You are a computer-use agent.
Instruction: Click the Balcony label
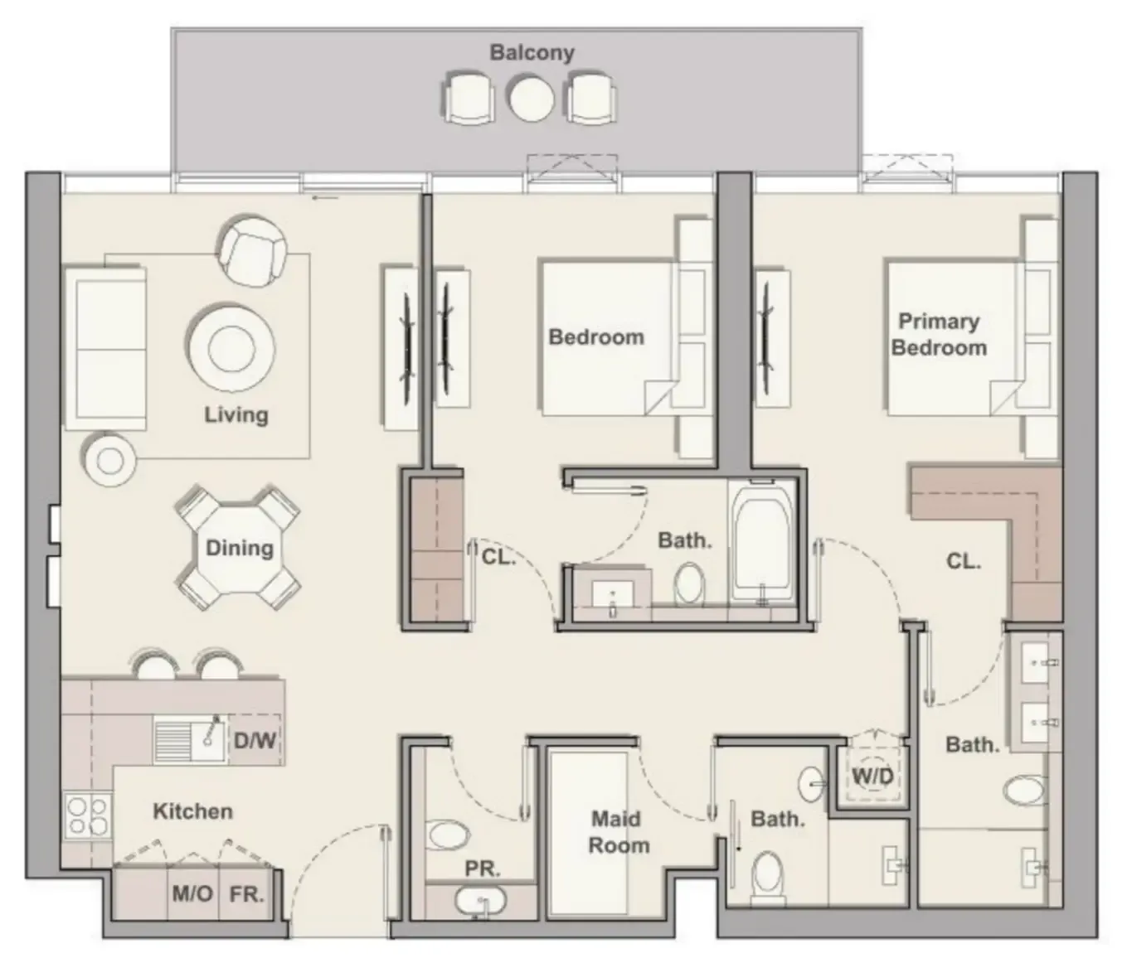(532, 52)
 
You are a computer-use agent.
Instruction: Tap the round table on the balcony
(531, 99)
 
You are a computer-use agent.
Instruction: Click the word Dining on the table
(239, 548)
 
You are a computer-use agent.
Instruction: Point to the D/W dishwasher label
(255, 740)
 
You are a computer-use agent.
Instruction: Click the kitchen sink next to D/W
(190, 740)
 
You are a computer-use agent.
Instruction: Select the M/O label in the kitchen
(192, 893)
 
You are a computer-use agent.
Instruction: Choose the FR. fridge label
(246, 893)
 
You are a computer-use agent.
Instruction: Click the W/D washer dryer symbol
(872, 776)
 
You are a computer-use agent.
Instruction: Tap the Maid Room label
(619, 832)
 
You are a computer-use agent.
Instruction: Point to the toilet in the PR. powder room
(448, 835)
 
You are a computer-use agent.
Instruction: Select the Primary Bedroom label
(939, 334)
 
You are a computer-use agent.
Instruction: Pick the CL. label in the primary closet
(963, 561)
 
